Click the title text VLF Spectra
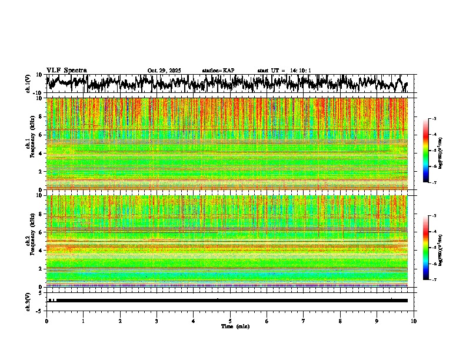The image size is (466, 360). [x=66, y=71]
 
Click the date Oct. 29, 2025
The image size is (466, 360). [x=164, y=71]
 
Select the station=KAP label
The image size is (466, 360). [x=218, y=71]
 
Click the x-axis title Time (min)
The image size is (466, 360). [x=230, y=326]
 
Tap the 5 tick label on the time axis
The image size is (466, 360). [x=230, y=321]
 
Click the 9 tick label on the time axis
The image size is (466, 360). [x=377, y=321]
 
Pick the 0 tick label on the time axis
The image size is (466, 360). [x=46, y=321]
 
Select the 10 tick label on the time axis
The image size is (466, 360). [x=414, y=321]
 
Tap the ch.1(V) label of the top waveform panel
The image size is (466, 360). [x=28, y=84]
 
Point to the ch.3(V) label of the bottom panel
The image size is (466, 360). [x=28, y=301]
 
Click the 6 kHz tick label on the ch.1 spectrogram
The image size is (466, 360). [x=41, y=135]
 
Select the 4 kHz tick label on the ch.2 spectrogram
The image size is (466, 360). [x=41, y=251]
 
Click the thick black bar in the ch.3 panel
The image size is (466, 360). [x=230, y=301]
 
